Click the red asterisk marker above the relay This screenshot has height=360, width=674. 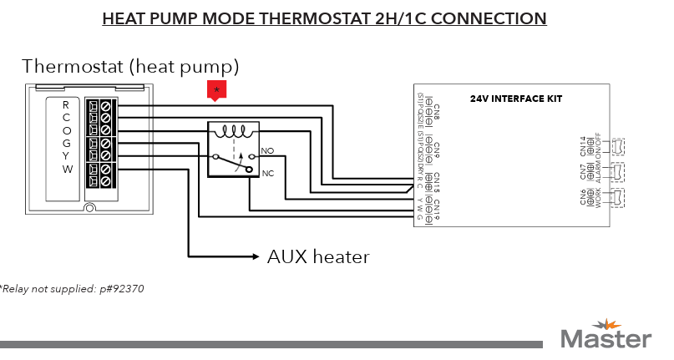(217, 90)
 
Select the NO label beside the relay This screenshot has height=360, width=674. (267, 150)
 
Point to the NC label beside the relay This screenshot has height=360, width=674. (267, 173)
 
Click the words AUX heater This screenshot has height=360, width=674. (317, 256)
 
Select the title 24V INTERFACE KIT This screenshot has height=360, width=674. (515, 99)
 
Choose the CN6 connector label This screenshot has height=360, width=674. (583, 195)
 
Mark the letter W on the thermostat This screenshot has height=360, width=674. (66, 169)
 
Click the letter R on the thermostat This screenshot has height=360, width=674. (66, 105)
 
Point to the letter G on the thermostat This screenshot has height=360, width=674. (66, 143)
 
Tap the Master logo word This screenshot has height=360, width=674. (606, 338)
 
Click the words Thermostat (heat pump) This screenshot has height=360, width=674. (130, 65)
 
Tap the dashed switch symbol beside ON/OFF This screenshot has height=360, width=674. (619, 146)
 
